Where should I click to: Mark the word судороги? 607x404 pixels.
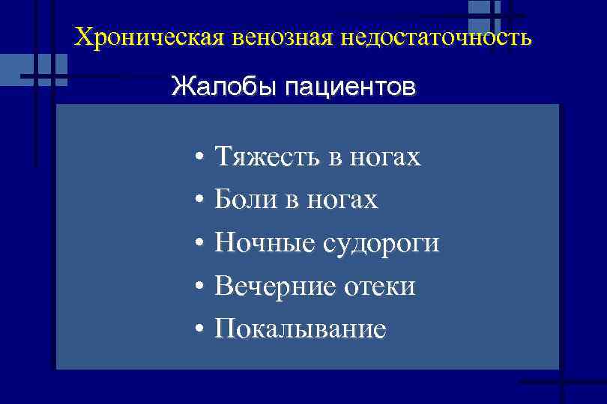(381, 243)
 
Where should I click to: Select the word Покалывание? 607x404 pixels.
(301, 328)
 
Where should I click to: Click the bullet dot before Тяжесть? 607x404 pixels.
(198, 159)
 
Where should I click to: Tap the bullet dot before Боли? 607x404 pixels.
(198, 201)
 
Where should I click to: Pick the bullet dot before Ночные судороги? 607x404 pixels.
(198, 245)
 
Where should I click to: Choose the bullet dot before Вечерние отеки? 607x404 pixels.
(198, 287)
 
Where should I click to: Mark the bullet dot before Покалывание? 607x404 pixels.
(198, 330)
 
